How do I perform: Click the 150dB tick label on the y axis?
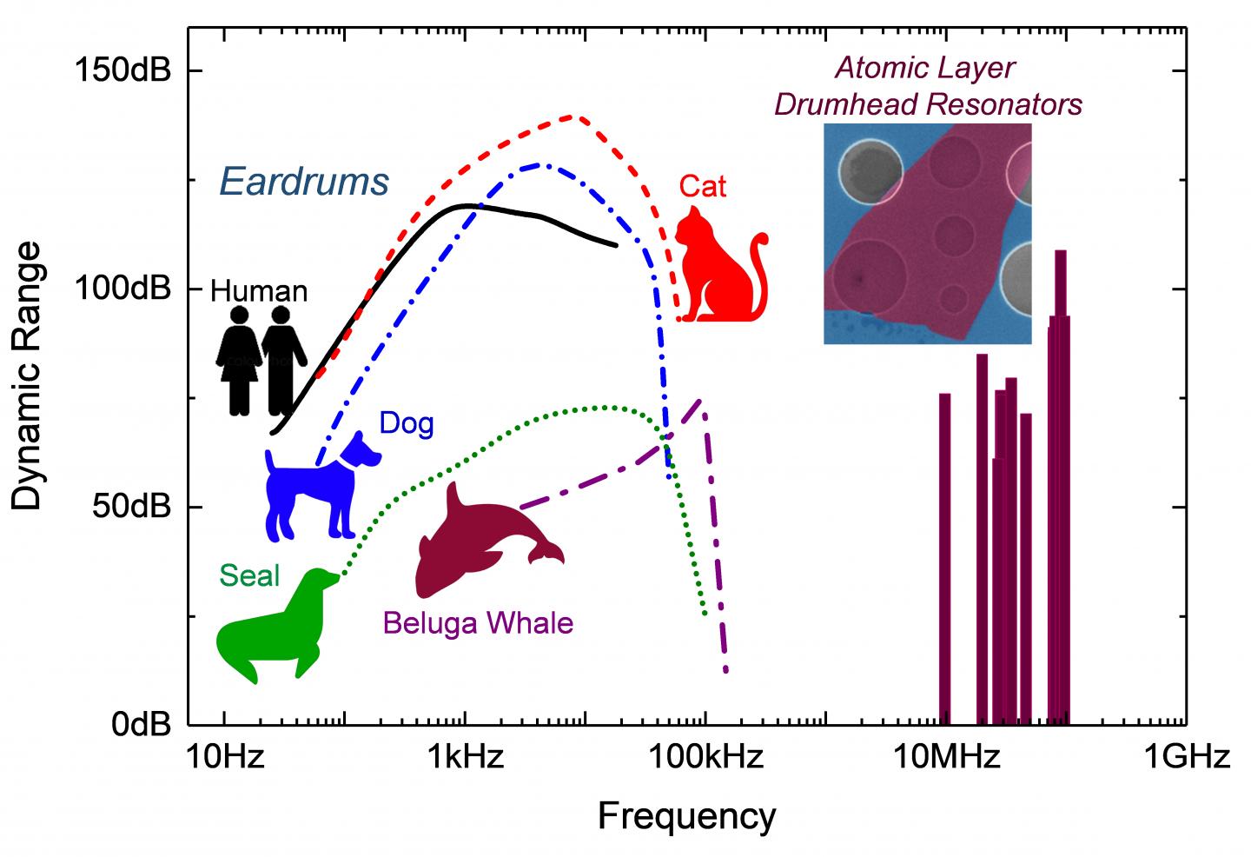click(122, 70)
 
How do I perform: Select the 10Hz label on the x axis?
click(224, 757)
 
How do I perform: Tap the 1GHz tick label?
click(1186, 757)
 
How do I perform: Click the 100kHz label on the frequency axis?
click(705, 757)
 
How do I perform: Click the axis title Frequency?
click(686, 816)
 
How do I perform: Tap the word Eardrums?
click(303, 183)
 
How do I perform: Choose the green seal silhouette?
click(274, 630)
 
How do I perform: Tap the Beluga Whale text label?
click(477, 623)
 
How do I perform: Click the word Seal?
click(249, 576)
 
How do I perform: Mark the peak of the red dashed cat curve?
click(571, 116)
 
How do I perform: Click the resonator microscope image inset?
click(927, 233)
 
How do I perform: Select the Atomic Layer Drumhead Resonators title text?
click(927, 86)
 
